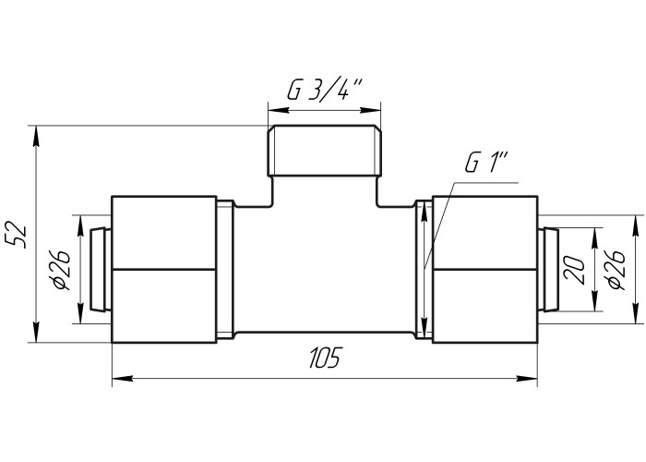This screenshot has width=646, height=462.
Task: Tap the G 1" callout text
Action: click(x=487, y=162)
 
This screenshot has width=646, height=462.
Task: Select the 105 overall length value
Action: click(x=326, y=358)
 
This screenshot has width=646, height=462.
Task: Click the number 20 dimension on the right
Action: click(x=575, y=271)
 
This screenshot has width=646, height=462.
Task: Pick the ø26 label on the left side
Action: click(x=60, y=270)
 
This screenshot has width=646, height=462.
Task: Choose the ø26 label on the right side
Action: click(x=616, y=270)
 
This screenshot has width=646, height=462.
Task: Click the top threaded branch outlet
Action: click(x=324, y=151)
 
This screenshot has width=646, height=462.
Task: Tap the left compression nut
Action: click(x=164, y=270)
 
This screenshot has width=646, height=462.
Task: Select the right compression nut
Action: click(x=484, y=270)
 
